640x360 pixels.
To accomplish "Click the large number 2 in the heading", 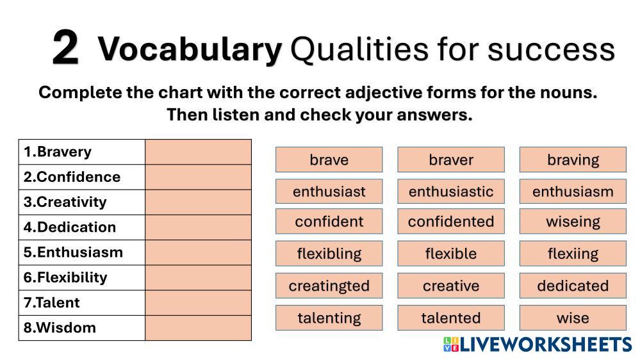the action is coord(65,48).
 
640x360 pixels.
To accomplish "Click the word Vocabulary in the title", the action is coord(190,49).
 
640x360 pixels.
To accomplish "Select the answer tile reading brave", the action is coord(329,160).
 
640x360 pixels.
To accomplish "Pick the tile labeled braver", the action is coord(451,160).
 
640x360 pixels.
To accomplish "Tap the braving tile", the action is coord(573,160).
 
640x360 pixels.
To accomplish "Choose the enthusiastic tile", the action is coord(451,191).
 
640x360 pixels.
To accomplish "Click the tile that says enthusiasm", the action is coord(573,191).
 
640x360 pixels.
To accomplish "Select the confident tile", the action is coord(329,221).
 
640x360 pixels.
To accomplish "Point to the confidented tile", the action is coord(451,221).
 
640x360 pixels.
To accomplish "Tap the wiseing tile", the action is coord(573,221).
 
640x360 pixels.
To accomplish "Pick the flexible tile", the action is coord(451,254).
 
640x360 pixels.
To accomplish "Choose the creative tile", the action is coord(451,286).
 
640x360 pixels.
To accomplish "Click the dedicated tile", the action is coord(573,286).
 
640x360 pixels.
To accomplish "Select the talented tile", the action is coord(451,318).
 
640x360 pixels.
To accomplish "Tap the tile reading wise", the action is coord(573,318).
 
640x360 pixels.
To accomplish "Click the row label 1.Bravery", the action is coord(58,152).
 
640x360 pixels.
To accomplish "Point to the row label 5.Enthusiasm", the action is coord(73,252).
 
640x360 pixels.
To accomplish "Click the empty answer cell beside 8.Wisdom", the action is coord(198,328).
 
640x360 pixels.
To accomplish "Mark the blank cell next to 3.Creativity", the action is coord(198,202).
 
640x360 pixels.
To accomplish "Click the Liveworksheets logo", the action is coord(537,345).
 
